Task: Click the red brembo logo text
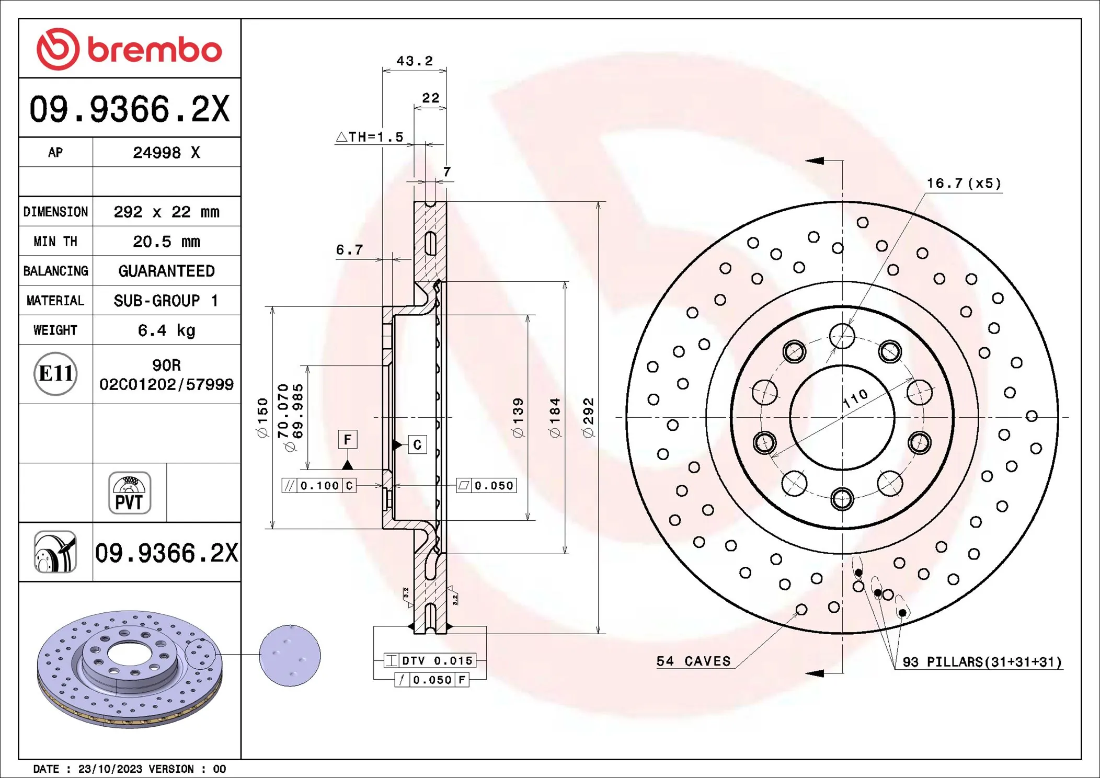(154, 50)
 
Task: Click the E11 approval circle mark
(55, 374)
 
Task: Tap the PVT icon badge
(130, 493)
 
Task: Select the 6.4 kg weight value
(166, 330)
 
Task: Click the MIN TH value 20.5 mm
(166, 242)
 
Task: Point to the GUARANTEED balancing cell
(166, 271)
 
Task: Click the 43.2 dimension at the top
(414, 61)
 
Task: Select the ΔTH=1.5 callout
(370, 137)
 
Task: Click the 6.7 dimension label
(349, 250)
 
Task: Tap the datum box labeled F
(348, 440)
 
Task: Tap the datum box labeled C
(417, 445)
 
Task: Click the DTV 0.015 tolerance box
(430, 661)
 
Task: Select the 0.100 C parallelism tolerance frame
(319, 486)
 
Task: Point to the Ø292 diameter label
(588, 417)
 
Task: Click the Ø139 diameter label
(518, 417)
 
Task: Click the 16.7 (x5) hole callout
(964, 184)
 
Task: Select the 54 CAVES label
(693, 661)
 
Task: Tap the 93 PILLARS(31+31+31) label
(982, 662)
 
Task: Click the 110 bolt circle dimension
(855, 399)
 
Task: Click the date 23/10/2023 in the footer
(110, 769)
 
